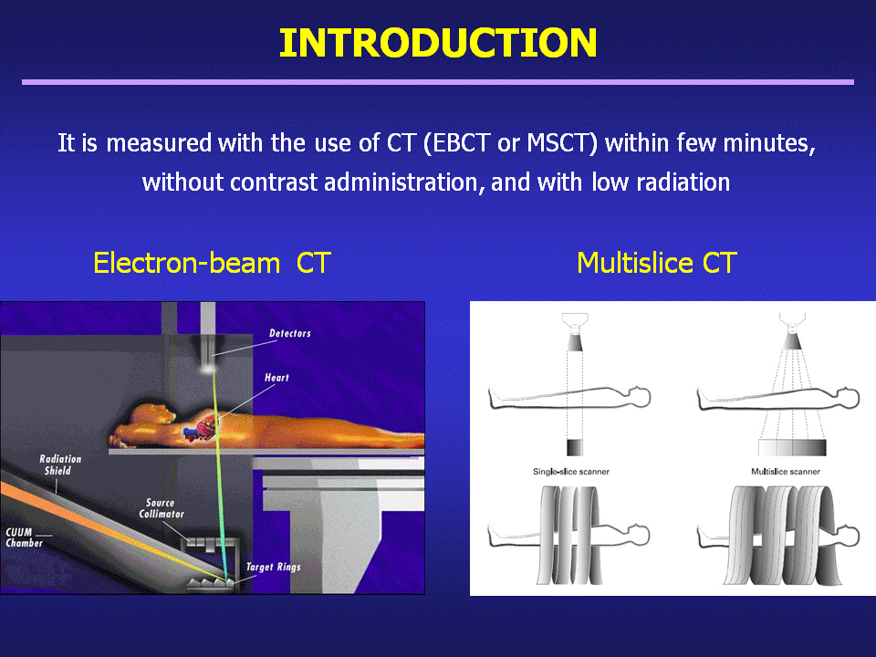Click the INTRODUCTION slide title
click(438, 43)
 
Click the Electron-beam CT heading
click(213, 263)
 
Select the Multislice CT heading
click(657, 263)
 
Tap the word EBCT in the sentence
click(461, 143)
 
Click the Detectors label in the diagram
click(290, 334)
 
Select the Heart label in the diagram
click(276, 378)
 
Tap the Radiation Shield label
click(60, 464)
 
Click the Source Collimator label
click(162, 508)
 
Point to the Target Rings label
click(274, 567)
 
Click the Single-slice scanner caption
click(571, 472)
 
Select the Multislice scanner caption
click(786, 472)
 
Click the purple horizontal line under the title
click(438, 82)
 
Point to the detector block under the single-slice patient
click(575, 447)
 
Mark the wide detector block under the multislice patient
click(792, 447)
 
